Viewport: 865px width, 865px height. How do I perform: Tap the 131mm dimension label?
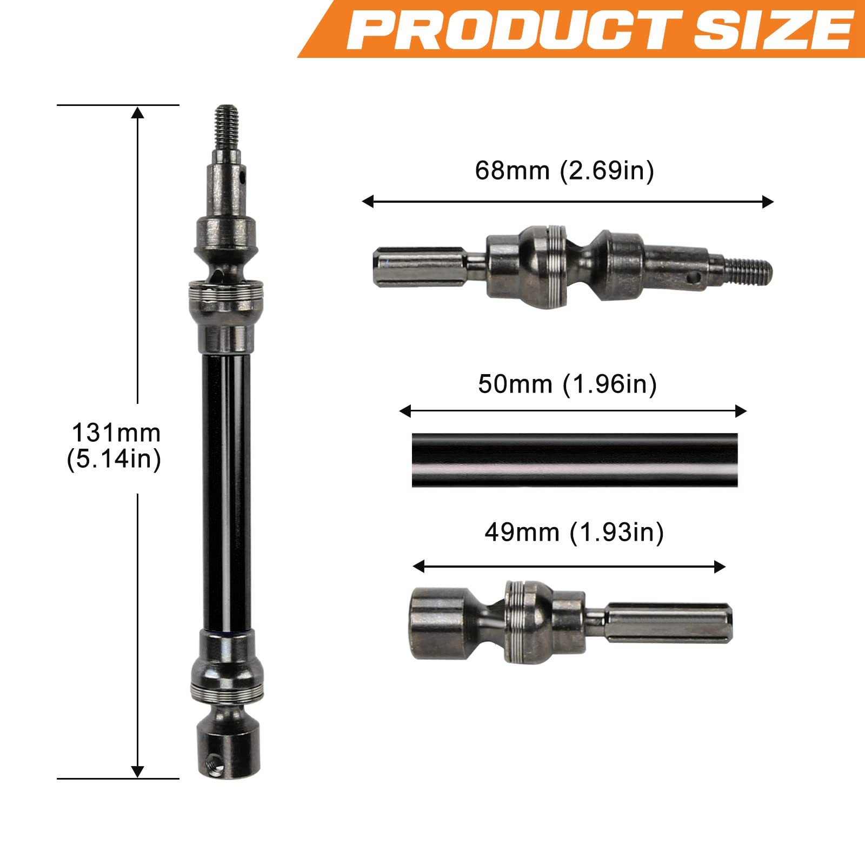116,433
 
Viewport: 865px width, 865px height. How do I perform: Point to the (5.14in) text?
114,460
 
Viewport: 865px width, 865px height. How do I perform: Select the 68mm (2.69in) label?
564,171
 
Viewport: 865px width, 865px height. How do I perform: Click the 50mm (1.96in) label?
568,385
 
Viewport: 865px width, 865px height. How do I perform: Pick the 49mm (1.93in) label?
574,533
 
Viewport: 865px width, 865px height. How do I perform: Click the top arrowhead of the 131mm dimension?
138,112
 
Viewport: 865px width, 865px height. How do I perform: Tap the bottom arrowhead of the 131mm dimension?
138,771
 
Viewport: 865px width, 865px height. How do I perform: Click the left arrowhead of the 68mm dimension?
368,202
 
